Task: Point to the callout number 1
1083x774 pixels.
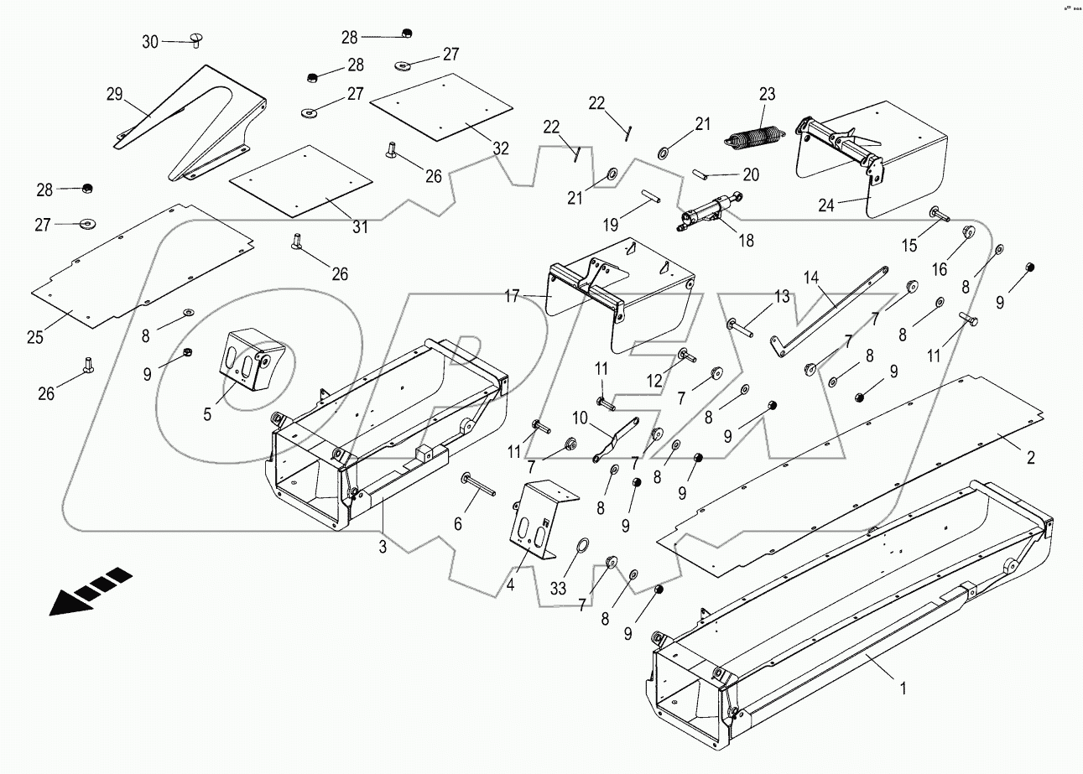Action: coord(903,688)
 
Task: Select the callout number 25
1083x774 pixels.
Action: coord(34,338)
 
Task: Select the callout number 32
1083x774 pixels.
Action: coord(501,148)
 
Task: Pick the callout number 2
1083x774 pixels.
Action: coord(1030,458)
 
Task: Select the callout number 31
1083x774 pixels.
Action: coord(360,227)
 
